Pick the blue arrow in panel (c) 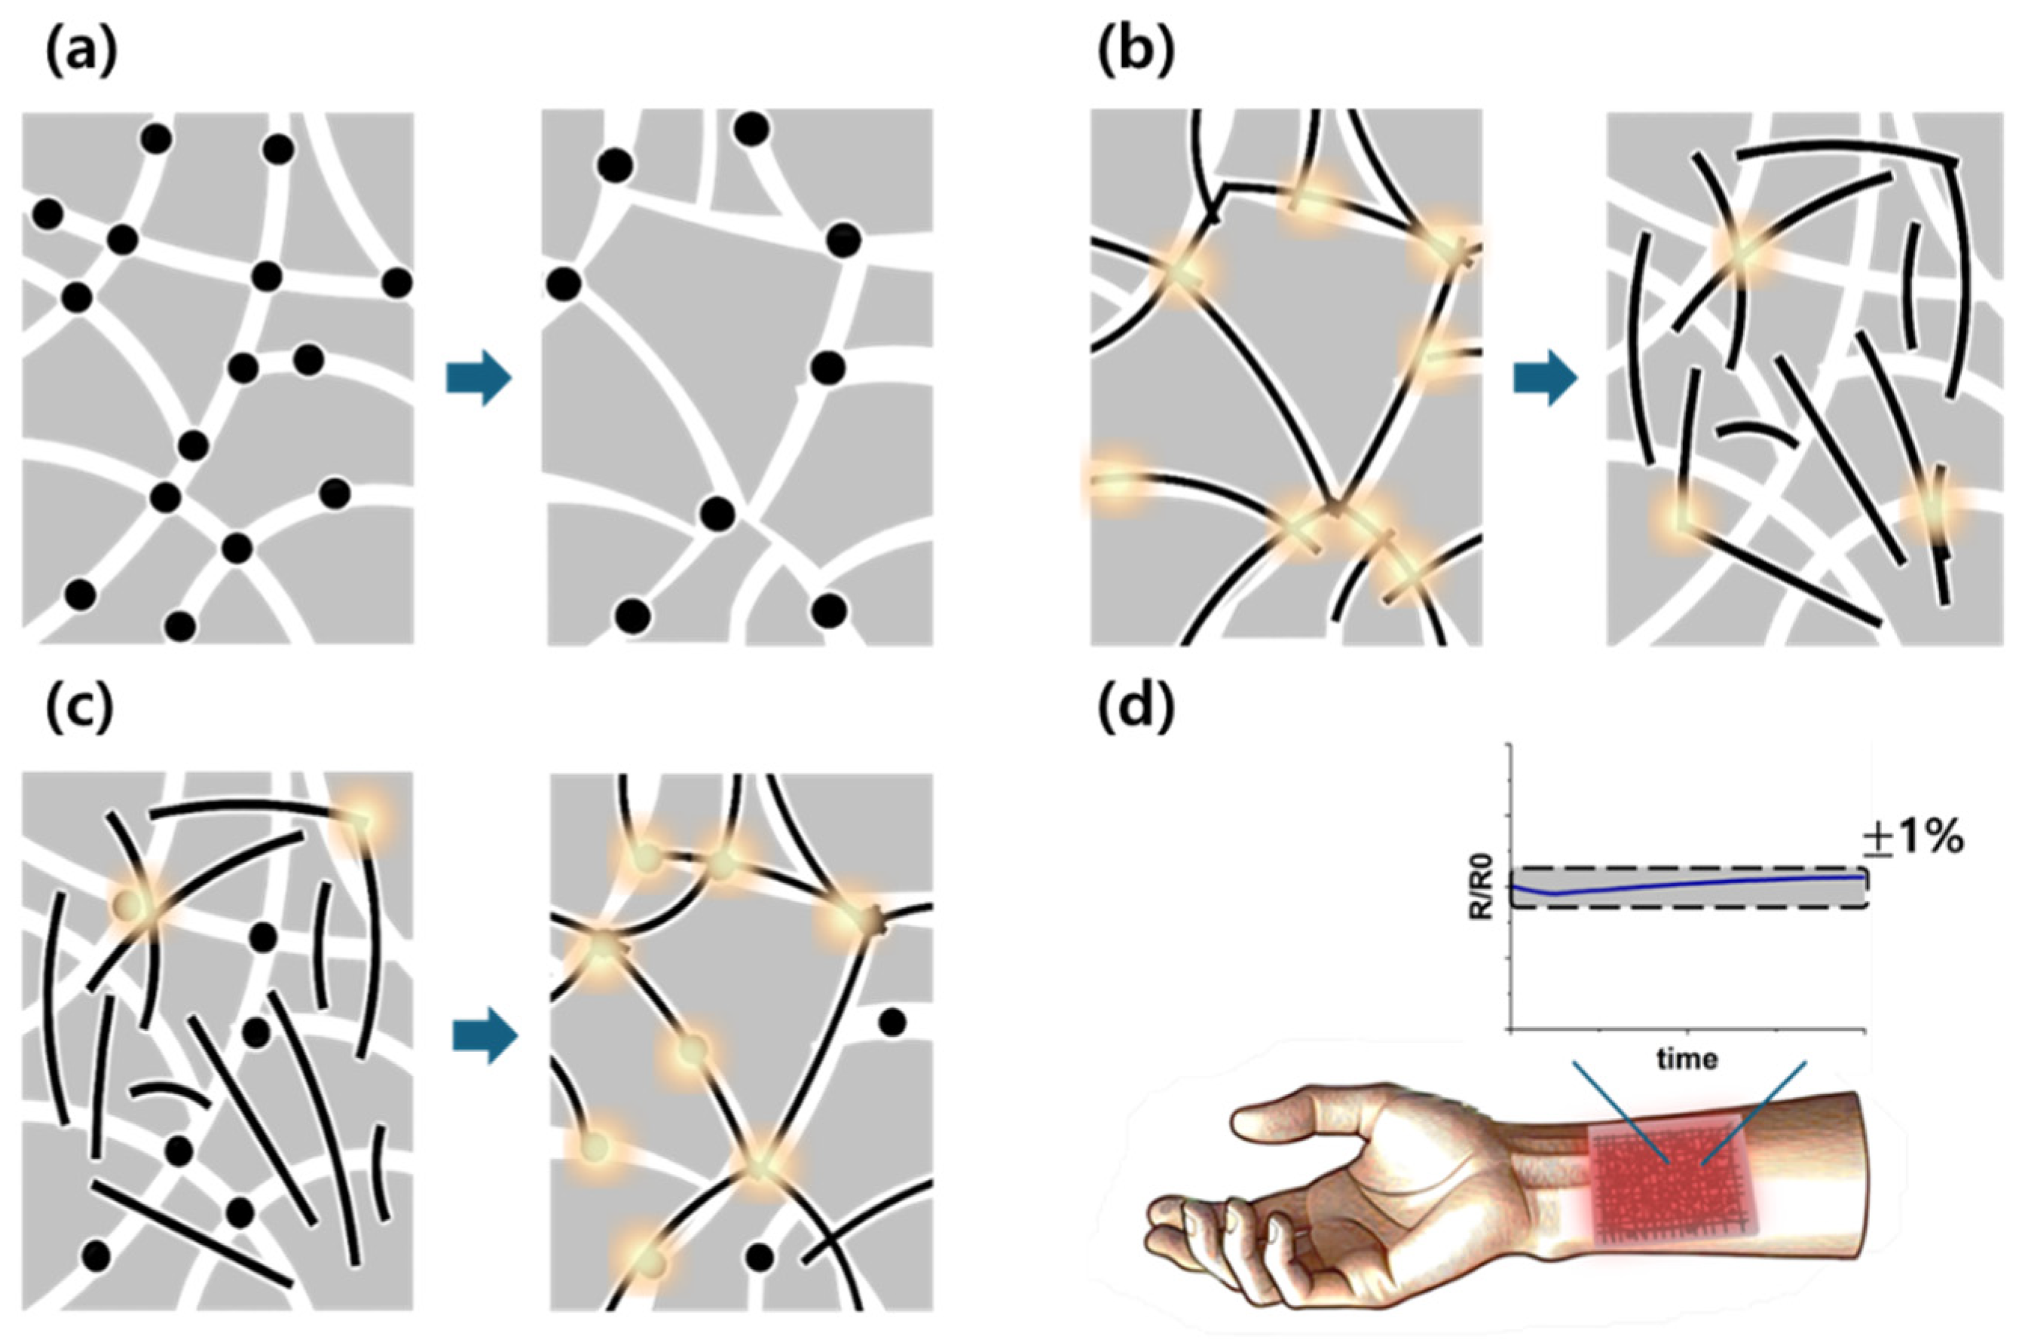click(485, 1037)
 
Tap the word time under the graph click(1687, 1059)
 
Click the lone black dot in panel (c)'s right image click(892, 1021)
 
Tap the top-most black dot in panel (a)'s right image click(751, 129)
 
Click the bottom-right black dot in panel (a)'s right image click(828, 610)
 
